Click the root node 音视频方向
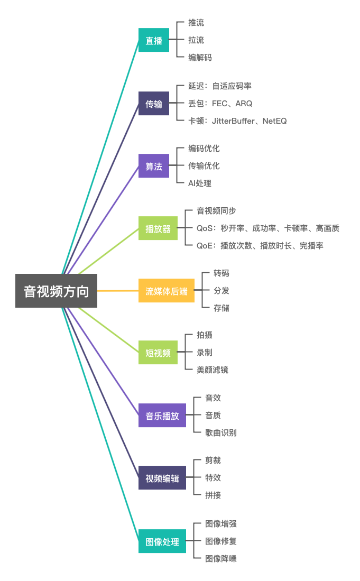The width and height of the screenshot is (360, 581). (x=56, y=291)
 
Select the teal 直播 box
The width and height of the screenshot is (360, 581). (x=154, y=40)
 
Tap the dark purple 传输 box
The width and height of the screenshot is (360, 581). (x=154, y=104)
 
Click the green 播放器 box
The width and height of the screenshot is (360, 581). (x=158, y=228)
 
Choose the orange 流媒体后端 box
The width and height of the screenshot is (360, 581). (x=167, y=291)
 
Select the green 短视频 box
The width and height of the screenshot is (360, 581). (x=158, y=353)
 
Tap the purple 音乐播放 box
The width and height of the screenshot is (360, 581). (x=162, y=416)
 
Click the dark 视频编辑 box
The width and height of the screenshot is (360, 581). (x=162, y=477)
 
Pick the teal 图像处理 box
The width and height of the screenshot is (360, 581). (x=162, y=541)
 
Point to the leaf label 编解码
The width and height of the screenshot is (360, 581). (x=200, y=58)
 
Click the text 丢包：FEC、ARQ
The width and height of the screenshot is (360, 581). (x=220, y=104)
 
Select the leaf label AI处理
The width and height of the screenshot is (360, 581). (x=200, y=183)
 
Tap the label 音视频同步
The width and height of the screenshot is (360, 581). (x=216, y=211)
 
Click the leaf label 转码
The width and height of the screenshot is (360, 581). (x=221, y=273)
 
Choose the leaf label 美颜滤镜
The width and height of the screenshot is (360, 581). (x=212, y=370)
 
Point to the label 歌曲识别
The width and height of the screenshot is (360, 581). (x=221, y=432)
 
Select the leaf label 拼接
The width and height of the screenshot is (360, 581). (x=213, y=495)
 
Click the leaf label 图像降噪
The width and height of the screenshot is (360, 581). (x=221, y=558)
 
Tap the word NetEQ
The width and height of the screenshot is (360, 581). (x=274, y=121)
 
